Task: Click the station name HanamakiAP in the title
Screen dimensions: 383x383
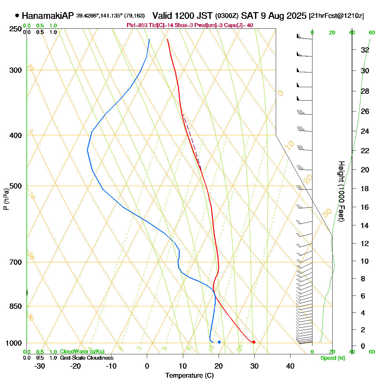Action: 48,16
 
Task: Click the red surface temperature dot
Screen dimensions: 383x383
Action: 254,342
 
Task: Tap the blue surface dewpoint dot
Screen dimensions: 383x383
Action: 219,342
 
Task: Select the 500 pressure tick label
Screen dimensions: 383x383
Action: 16,186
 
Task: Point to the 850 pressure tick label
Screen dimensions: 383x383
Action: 16,306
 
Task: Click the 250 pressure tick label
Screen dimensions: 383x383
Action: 16,29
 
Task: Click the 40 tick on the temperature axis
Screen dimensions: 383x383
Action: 290,366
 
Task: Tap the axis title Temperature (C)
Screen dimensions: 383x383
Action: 189,376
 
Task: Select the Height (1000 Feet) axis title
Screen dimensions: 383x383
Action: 341,191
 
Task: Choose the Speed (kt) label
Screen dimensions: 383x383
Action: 333,358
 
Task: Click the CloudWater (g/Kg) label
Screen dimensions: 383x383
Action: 82,352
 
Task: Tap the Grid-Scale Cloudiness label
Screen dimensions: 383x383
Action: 86,358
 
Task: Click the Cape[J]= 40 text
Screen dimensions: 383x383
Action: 241,26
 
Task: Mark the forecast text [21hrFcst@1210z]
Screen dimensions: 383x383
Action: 336,16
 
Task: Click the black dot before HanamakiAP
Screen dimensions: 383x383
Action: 17,15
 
